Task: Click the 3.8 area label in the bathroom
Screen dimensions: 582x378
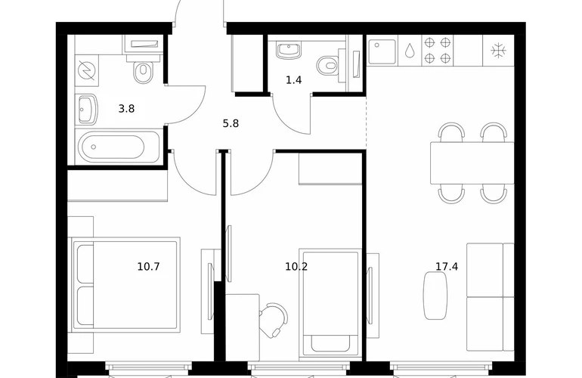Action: tap(126, 109)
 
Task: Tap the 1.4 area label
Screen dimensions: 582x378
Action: tap(293, 80)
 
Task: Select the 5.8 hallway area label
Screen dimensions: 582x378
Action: tap(231, 123)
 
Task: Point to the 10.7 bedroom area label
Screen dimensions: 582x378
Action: tap(148, 266)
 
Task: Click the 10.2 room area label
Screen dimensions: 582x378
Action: tap(296, 266)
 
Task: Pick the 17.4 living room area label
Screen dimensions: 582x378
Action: tap(447, 266)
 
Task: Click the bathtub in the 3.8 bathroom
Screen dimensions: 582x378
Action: tap(118, 147)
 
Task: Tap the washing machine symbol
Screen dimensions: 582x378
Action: tap(87, 70)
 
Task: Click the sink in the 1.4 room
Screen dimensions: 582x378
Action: tap(289, 51)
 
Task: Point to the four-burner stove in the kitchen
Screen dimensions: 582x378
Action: tap(437, 51)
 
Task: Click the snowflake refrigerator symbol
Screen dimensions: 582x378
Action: tap(498, 51)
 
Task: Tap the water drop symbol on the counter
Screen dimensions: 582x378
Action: tap(410, 51)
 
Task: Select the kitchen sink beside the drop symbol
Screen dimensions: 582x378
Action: tap(382, 51)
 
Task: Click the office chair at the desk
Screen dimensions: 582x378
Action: tap(274, 320)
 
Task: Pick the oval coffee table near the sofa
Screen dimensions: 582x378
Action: tap(435, 295)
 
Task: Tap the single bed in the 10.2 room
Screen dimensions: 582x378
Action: tap(330, 302)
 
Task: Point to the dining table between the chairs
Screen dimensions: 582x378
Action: tap(472, 163)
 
